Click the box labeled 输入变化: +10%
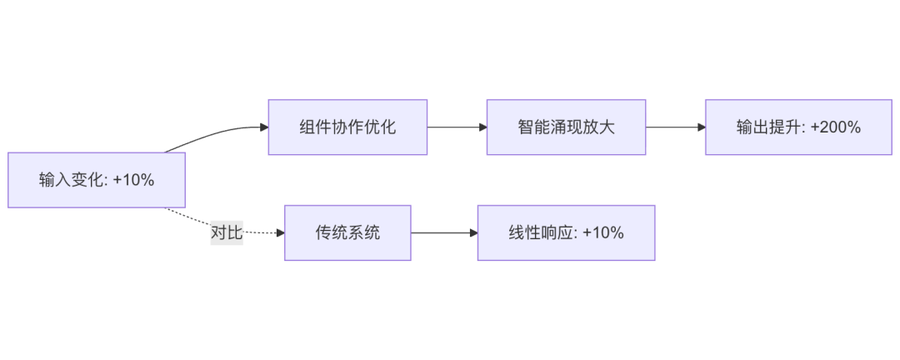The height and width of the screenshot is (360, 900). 96,180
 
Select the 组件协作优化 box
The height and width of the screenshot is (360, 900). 347,127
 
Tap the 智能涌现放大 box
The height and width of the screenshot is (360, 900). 566,127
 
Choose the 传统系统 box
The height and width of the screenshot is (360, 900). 347,232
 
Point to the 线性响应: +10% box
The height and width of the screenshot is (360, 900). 566,232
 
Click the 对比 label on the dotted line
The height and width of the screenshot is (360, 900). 226,232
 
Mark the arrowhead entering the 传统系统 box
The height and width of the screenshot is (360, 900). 280,232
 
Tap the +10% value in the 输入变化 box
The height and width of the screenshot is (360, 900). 133,180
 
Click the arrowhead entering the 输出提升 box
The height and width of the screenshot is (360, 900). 701,127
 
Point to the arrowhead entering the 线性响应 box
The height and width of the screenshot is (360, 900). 472,232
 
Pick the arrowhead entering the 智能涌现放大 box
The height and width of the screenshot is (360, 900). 482,127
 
